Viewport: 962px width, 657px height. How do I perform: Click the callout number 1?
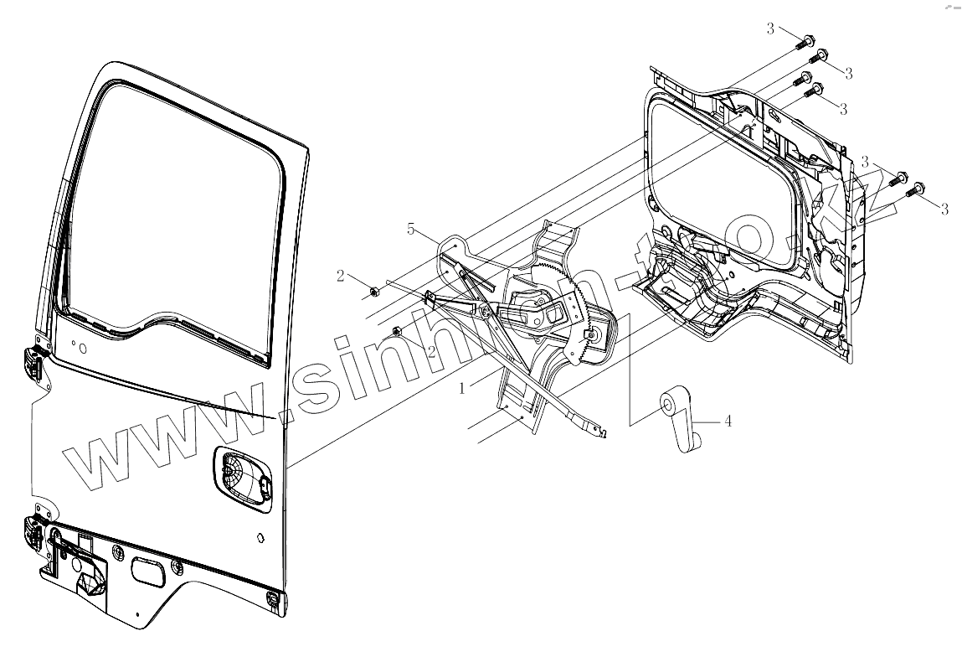pyautogui.click(x=462, y=389)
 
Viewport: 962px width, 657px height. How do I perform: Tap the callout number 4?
pyautogui.click(x=728, y=421)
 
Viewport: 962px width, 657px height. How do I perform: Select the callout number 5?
pyautogui.click(x=411, y=229)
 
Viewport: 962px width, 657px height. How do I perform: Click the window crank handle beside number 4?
pyautogui.click(x=684, y=423)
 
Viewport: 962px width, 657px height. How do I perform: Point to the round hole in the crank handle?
pyautogui.click(x=670, y=406)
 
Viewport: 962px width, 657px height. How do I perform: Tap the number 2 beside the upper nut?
pyautogui.click(x=341, y=276)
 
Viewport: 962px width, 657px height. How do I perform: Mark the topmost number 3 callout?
pyautogui.click(x=770, y=29)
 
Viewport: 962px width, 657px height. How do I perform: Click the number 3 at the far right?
pyautogui.click(x=944, y=209)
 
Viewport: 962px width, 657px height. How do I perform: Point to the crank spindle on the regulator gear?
pyautogui.click(x=592, y=334)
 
